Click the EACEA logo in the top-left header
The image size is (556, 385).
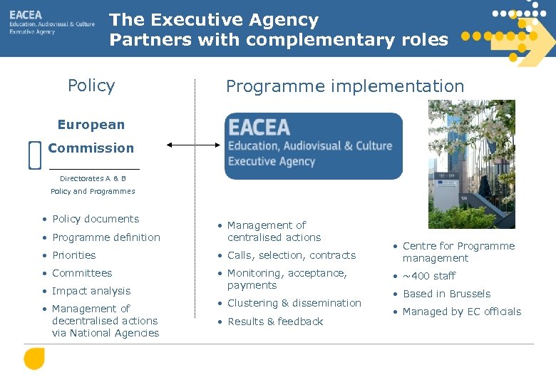(x=51, y=23)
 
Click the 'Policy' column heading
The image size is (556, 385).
(x=91, y=86)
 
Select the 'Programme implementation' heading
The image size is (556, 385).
(x=345, y=87)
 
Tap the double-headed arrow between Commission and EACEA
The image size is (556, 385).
(x=194, y=145)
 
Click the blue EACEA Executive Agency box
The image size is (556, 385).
(x=314, y=146)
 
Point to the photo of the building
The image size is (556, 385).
(x=471, y=164)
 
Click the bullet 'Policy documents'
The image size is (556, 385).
(x=96, y=219)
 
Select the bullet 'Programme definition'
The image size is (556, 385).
(x=106, y=237)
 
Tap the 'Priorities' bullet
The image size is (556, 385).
(x=73, y=255)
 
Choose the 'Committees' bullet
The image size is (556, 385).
(x=82, y=273)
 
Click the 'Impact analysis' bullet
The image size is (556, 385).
(x=91, y=291)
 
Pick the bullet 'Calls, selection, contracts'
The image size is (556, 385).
(x=291, y=255)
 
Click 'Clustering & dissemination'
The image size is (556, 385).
(x=294, y=303)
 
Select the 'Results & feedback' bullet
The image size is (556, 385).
(x=275, y=322)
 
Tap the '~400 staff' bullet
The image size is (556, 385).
(x=428, y=276)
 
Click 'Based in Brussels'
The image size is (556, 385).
(x=446, y=294)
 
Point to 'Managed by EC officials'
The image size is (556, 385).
(x=462, y=312)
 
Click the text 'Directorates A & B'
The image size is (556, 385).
(x=93, y=178)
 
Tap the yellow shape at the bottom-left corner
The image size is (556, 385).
(x=34, y=358)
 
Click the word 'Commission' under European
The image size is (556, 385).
(x=91, y=148)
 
